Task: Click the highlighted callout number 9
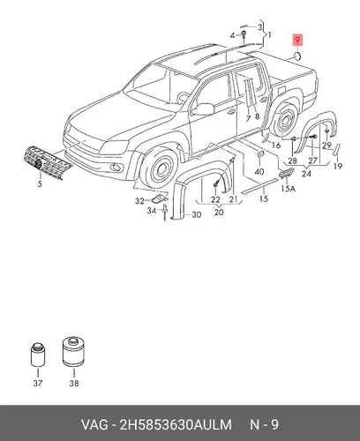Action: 297,40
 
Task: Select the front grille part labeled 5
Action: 47,161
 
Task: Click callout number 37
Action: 38,383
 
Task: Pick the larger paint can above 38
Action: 73,352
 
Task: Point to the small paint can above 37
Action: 38,355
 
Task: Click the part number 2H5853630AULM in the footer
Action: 176,425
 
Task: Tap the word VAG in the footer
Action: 94,425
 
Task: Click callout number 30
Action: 197,214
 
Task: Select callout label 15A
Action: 288,189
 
